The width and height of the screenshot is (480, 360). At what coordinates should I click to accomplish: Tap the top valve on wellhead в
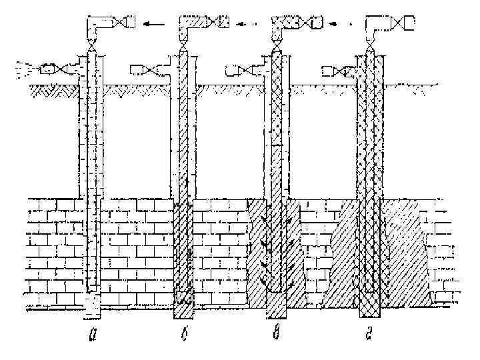[x=307, y=24]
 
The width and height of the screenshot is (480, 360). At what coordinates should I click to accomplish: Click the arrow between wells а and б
[x=154, y=25]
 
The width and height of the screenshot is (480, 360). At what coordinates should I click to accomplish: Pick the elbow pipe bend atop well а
[x=97, y=27]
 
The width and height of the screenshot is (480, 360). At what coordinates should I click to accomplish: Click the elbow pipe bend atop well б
[x=187, y=27]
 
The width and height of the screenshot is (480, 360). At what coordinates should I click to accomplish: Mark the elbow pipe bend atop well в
[x=281, y=27]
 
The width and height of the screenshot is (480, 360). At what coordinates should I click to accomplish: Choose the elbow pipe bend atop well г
[x=375, y=27]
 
